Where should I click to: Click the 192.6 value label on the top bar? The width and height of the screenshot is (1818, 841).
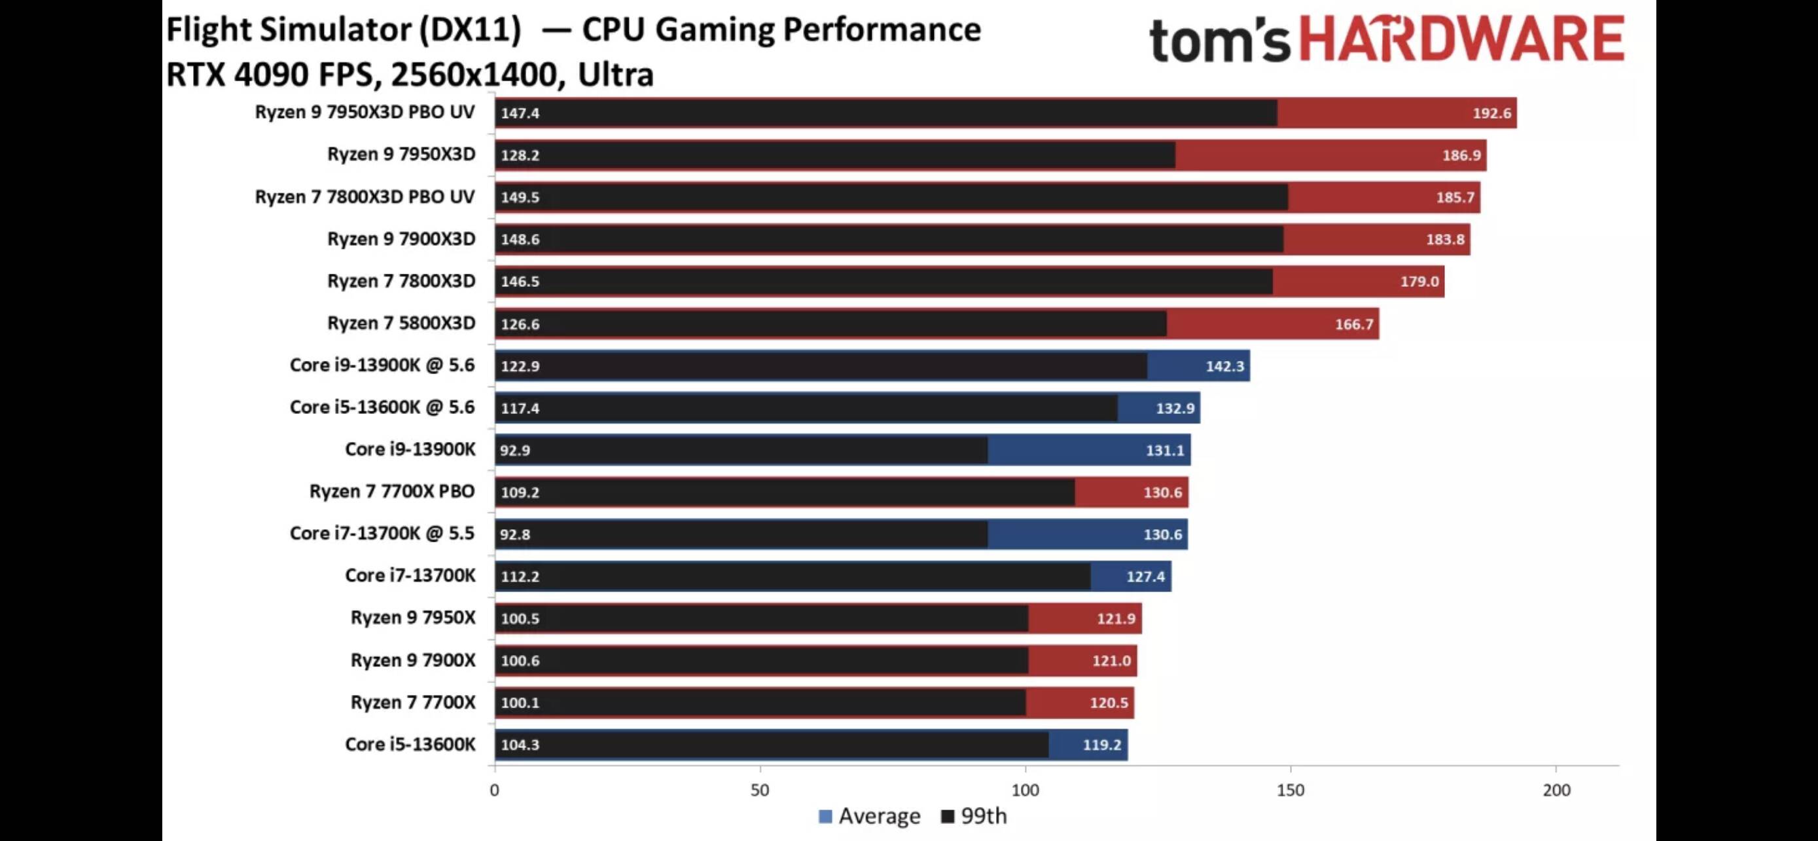[x=1491, y=113]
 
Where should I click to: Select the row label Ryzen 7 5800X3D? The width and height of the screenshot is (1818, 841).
[x=401, y=324]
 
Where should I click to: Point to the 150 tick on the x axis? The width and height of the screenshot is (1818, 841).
[x=1290, y=790]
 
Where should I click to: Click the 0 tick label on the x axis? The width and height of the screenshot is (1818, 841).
[x=494, y=790]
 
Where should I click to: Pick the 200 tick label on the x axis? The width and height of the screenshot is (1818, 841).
[x=1556, y=790]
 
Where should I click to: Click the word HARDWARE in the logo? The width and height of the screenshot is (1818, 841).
[x=1461, y=39]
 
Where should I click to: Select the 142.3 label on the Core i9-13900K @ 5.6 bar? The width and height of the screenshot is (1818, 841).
[x=1224, y=365]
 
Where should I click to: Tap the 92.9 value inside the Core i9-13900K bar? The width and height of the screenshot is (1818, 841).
[x=514, y=451]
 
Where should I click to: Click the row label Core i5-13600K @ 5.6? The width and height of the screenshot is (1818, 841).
[x=382, y=407]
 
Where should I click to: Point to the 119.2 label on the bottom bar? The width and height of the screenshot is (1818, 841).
[x=1101, y=745]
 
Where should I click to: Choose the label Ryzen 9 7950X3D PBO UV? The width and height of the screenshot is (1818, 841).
[x=364, y=112]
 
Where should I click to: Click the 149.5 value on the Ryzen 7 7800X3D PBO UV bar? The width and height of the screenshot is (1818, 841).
[x=520, y=197]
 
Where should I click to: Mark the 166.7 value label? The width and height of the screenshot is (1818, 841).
[x=1353, y=324]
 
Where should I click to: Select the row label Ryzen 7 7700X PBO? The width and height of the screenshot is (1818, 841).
[x=392, y=491]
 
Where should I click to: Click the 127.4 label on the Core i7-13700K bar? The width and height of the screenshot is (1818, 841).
[x=1145, y=577]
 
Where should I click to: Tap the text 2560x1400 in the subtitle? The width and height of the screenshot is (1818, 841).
[x=478, y=74]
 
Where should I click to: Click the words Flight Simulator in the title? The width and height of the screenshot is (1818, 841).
[x=289, y=29]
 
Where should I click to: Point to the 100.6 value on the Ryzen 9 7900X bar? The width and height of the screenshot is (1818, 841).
[x=520, y=661]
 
